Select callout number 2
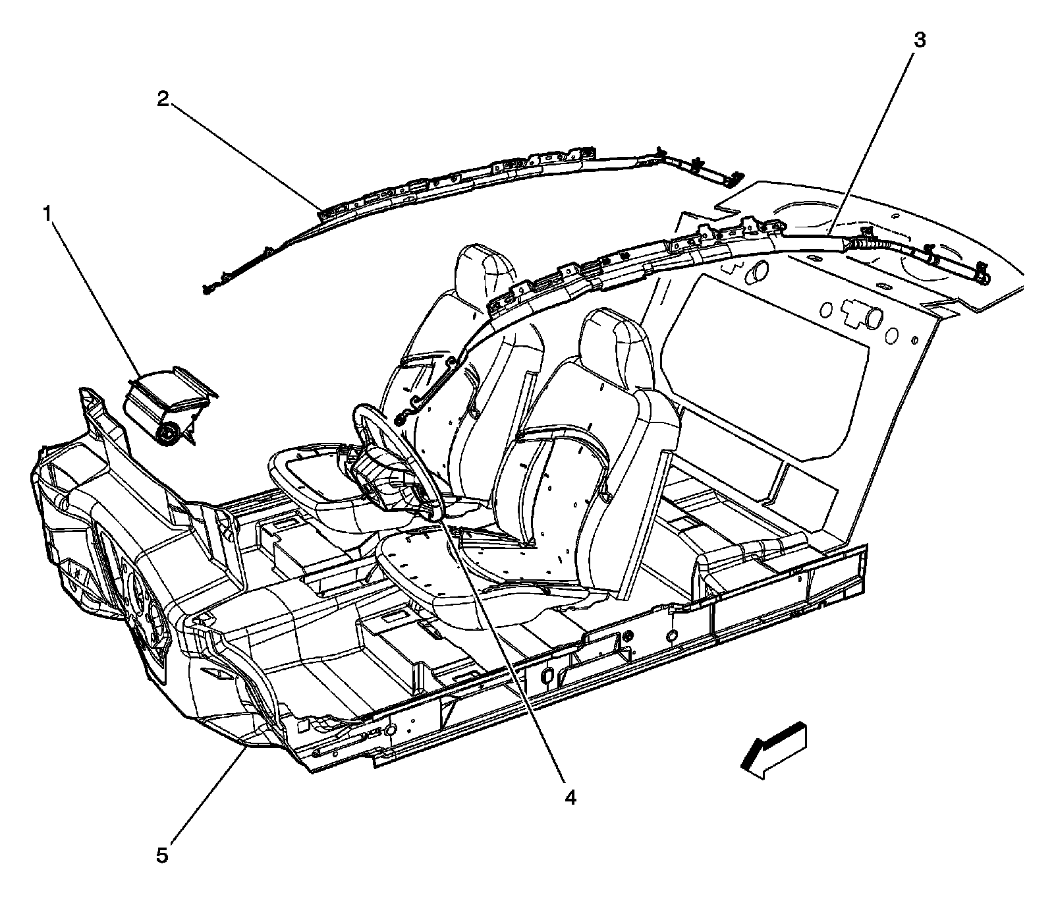tap(163, 100)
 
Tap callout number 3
tap(919, 40)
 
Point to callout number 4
tap(570, 797)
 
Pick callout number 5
tap(162, 855)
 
